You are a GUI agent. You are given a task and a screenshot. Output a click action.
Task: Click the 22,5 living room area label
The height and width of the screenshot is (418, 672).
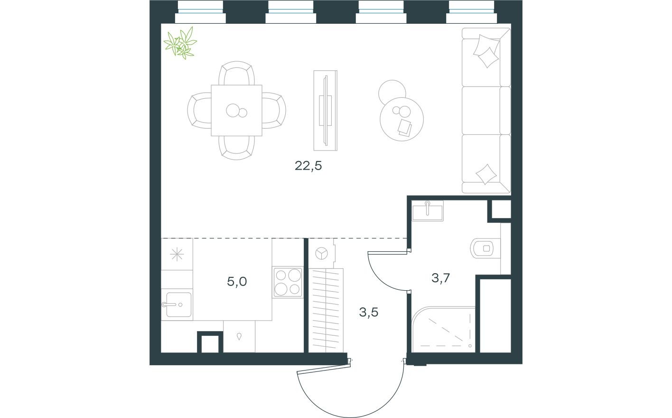point(308,166)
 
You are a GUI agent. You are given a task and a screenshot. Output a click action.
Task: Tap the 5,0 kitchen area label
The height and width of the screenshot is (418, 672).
point(237,282)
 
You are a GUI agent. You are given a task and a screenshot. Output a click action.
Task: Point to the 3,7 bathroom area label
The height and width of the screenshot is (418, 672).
point(440,278)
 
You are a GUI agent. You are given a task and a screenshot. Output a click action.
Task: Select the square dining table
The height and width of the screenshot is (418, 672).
point(236,110)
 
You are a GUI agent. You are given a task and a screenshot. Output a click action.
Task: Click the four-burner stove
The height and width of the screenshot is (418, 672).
point(288,282)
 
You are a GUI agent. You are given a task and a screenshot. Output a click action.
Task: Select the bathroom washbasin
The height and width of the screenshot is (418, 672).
point(428,210)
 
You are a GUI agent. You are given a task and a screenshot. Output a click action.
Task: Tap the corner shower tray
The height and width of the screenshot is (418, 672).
point(444,329)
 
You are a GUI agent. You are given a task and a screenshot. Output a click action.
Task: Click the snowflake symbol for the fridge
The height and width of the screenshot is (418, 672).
point(177,255)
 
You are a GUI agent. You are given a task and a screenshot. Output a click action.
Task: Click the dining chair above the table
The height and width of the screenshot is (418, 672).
point(236,74)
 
